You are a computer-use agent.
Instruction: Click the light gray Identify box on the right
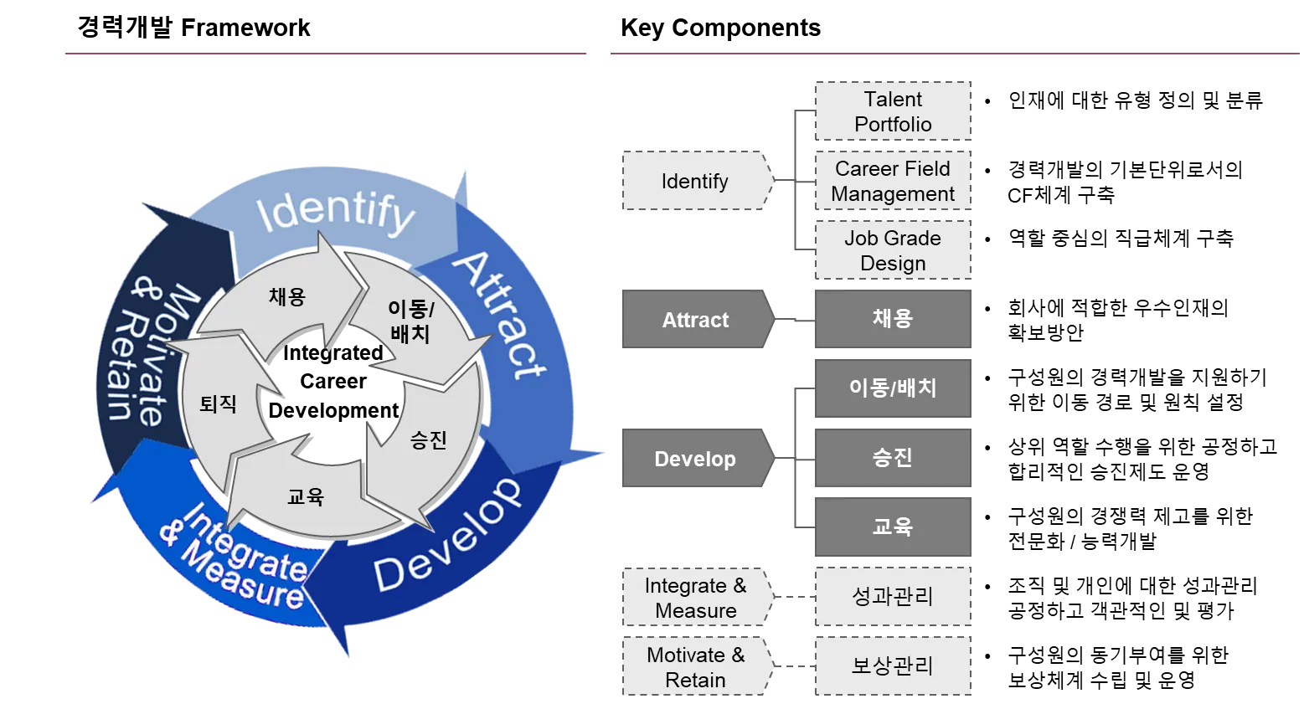pyautogui.click(x=694, y=182)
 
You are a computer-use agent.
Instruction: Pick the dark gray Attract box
pyautogui.click(x=694, y=320)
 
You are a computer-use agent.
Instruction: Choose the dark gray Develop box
pyautogui.click(x=694, y=459)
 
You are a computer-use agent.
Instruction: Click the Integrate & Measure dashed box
pyautogui.click(x=694, y=598)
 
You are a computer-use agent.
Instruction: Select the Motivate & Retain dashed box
pyautogui.click(x=694, y=667)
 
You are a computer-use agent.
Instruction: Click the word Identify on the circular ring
pyautogui.click(x=335, y=211)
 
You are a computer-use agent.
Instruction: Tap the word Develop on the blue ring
pyautogui.click(x=447, y=536)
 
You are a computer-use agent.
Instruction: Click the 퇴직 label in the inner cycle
pyautogui.click(x=218, y=404)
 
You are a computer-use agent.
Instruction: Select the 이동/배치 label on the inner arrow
pyautogui.click(x=410, y=321)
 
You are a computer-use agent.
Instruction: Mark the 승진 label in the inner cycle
pyautogui.click(x=428, y=440)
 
